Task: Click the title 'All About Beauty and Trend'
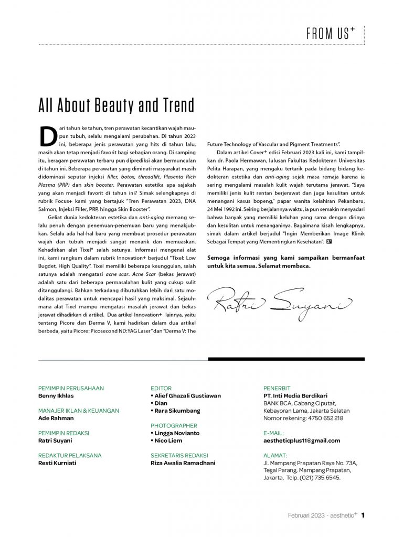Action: [x=116, y=105]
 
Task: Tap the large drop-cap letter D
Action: [x=48, y=136]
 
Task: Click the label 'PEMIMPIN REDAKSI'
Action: [x=64, y=433]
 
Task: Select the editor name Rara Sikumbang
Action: [x=177, y=411]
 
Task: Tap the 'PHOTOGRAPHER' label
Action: [x=174, y=426]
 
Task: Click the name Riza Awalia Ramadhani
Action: [x=183, y=464]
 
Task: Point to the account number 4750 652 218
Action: [x=324, y=418]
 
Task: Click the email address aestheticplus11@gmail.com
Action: [x=302, y=441]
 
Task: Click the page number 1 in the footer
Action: [x=363, y=515]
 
